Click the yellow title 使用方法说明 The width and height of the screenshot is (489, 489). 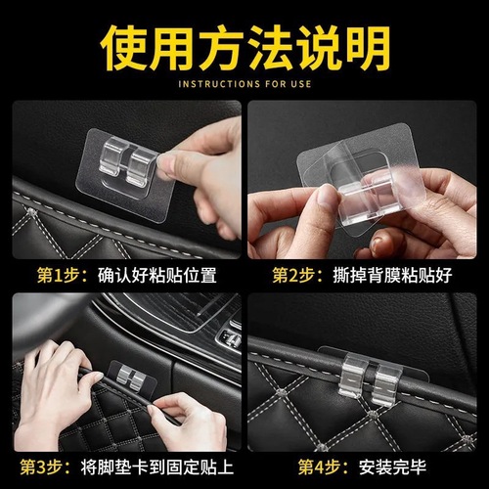click(x=244, y=44)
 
